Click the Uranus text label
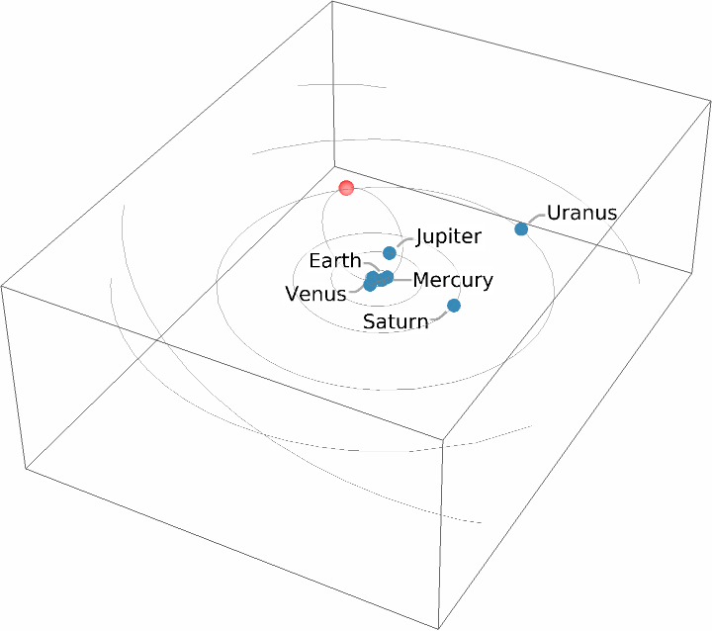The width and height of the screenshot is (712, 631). click(581, 213)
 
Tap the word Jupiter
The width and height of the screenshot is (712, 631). click(448, 237)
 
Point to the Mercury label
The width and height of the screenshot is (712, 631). click(452, 281)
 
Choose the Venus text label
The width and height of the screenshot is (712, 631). click(315, 294)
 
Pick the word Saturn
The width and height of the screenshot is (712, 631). click(396, 321)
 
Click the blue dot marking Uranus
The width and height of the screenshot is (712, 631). click(521, 229)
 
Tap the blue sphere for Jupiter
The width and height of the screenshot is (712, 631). click(390, 253)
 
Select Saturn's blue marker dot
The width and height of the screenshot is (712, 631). click(454, 306)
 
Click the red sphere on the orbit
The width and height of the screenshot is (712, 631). click(346, 188)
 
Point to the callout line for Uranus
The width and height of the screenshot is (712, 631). click(535, 218)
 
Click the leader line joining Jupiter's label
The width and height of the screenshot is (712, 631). click(403, 241)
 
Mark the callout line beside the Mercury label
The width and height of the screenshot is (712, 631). click(401, 280)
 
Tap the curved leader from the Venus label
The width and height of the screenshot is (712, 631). click(357, 291)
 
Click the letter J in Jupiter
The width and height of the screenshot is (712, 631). click(420, 237)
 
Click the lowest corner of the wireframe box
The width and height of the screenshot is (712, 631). click(437, 627)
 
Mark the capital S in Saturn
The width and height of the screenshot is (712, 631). click(369, 321)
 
